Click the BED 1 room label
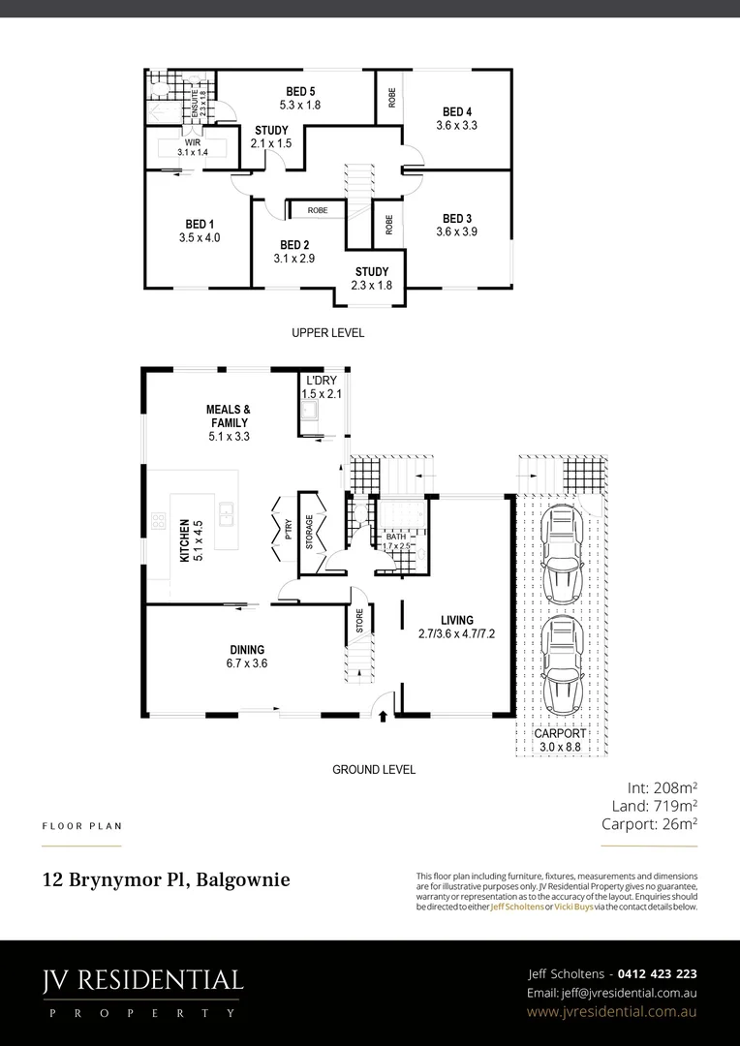pos(200,224)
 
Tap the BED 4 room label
pos(456,111)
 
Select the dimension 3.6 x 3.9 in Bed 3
pos(456,231)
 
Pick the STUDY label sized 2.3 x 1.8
pos(372,271)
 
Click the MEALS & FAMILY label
pos(229,416)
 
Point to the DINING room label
pos(247,650)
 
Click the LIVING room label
pos(456,620)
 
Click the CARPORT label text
pos(561,734)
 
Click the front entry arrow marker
pos(384,717)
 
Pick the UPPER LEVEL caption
pos(327,333)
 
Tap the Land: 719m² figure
pos(654,805)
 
